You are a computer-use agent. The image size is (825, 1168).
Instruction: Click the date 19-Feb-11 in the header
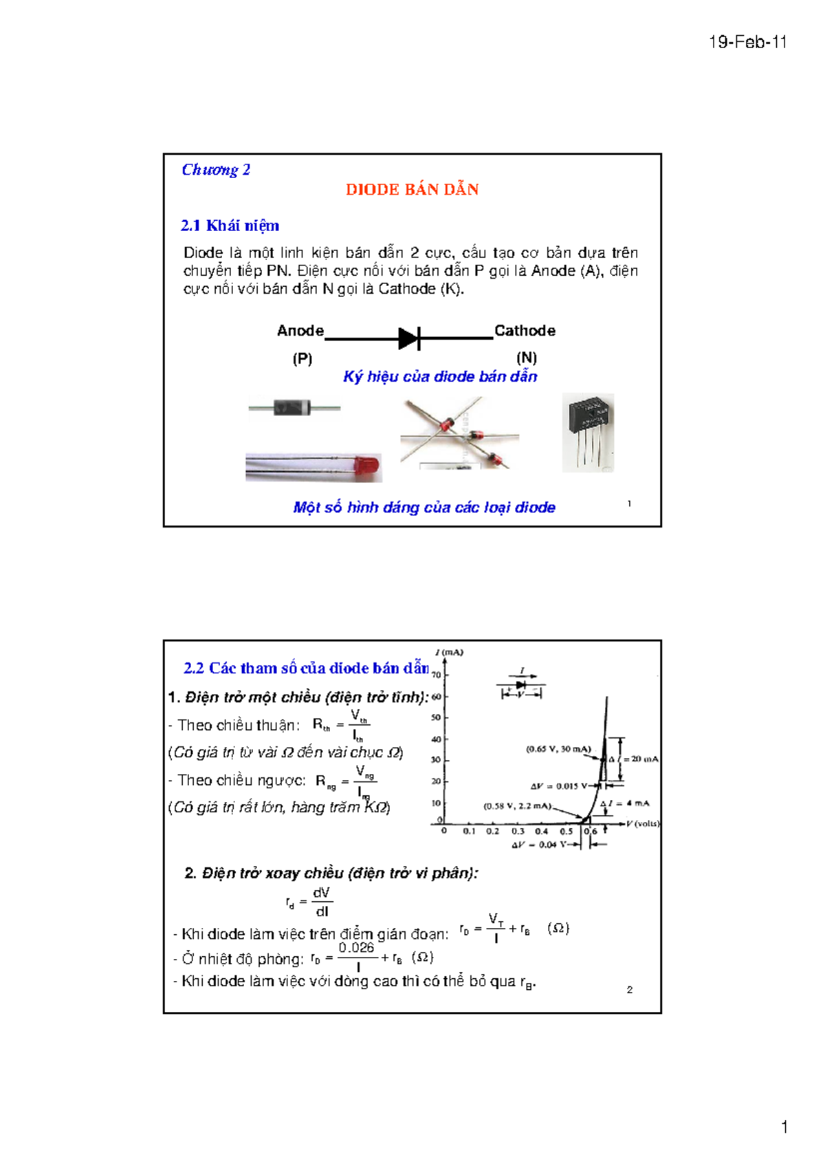coord(747,43)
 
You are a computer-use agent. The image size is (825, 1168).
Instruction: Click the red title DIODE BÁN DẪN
coord(412,190)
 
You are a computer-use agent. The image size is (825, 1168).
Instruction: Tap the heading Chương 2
coord(216,170)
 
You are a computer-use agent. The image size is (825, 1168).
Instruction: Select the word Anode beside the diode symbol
coord(300,331)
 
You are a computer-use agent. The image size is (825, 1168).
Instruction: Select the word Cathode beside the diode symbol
coord(525,331)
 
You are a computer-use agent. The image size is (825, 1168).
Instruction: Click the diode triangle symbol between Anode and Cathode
coord(408,338)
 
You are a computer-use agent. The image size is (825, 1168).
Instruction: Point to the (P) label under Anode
coord(302,358)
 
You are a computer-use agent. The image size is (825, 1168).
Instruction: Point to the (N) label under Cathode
coord(527,358)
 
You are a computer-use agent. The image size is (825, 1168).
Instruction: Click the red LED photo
coord(367,466)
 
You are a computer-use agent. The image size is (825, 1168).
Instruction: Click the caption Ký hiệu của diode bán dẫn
coord(440,377)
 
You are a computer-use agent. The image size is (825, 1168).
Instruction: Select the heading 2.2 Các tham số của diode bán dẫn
coord(306,669)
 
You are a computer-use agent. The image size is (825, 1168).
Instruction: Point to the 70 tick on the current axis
coord(437,675)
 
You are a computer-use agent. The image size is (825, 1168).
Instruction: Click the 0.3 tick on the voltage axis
coord(518,831)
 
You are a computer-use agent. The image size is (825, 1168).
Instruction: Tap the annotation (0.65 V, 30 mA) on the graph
coord(558,749)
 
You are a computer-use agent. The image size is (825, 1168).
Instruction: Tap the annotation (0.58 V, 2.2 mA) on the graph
coord(517,805)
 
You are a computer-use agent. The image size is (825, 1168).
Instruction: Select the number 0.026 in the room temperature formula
coord(356,948)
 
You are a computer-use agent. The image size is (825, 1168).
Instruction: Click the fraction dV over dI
coord(322,902)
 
